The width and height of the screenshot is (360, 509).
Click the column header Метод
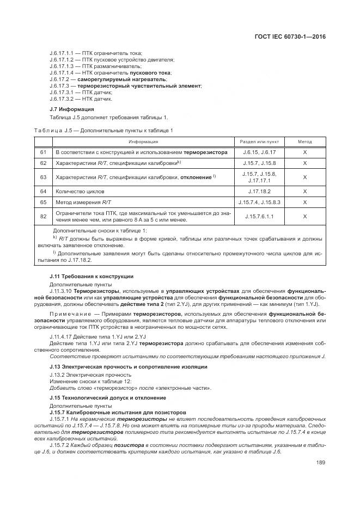[x=304, y=142]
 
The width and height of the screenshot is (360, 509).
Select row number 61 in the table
[x=43, y=152]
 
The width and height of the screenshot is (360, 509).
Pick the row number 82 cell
[x=43, y=217]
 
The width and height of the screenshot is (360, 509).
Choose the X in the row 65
[x=304, y=203]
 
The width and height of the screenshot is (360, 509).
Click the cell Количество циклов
[x=80, y=192]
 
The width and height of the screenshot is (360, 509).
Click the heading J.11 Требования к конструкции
[x=91, y=277]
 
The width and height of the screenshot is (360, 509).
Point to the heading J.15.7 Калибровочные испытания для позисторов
[x=118, y=412]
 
